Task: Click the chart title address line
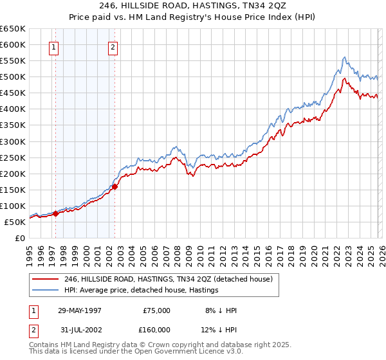192,5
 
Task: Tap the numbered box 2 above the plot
113,46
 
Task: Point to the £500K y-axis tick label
12,77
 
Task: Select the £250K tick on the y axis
12,157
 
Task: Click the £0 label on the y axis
20,238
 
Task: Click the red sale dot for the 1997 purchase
56,214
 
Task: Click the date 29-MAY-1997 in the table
79,310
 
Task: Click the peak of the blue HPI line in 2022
345,57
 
